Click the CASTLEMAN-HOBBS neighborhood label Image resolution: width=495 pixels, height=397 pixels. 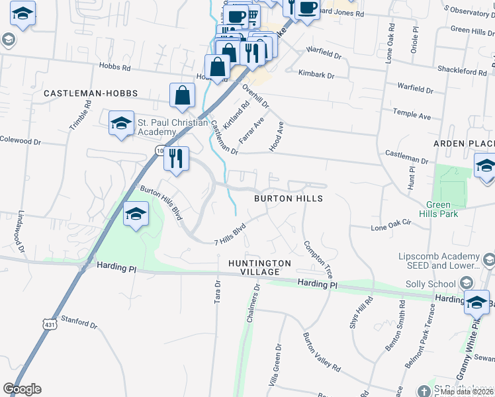[85, 94]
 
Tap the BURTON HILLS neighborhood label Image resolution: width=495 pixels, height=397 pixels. [289, 198]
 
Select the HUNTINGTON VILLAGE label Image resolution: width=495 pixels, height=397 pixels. [259, 267]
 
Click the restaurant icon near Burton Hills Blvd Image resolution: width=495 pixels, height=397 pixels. [176, 159]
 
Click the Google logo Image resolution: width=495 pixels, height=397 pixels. [22, 389]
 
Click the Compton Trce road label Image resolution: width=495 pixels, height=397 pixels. [318, 259]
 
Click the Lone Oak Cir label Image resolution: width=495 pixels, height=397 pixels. [392, 227]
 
